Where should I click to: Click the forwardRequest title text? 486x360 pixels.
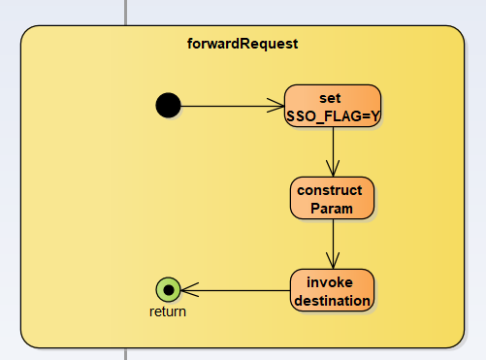(243, 44)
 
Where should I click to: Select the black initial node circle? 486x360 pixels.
(168, 106)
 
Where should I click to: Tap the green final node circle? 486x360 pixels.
(168, 290)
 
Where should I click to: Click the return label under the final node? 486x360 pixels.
(168, 311)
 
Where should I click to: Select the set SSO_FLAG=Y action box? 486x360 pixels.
(333, 106)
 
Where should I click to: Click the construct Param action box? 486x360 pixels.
(333, 198)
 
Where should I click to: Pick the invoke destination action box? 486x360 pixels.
(333, 290)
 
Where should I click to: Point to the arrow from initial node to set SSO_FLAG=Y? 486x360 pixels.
(233, 106)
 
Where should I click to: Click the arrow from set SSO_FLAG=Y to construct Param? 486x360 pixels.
(333, 151)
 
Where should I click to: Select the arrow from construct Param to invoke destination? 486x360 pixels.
(333, 244)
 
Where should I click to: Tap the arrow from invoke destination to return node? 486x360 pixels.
(236, 290)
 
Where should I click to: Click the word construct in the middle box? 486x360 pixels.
(330, 190)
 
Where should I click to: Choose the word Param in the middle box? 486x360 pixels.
(332, 209)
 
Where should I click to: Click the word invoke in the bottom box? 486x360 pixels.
(330, 282)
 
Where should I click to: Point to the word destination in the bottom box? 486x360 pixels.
(332, 301)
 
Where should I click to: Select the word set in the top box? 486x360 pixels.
(330, 98)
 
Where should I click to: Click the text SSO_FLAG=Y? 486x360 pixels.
(333, 116)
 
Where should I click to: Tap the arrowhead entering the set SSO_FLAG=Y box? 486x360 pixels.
(275, 106)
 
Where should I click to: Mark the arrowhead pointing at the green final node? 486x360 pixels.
(190, 290)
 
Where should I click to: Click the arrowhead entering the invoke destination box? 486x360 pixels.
(333, 261)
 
